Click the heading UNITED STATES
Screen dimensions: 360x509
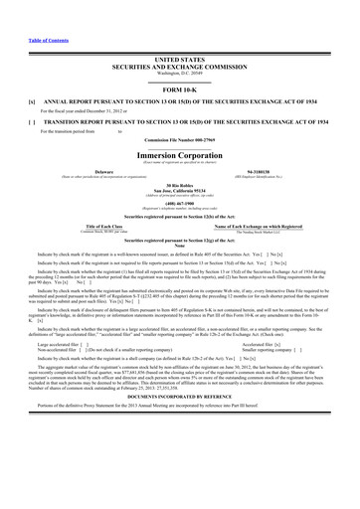[x=180, y=59]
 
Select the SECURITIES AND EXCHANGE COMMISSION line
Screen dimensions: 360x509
[x=180, y=66]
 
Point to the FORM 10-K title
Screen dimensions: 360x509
[x=180, y=87]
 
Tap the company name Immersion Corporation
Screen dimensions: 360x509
[x=180, y=158]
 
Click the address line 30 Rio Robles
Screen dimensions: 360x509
[x=180, y=185]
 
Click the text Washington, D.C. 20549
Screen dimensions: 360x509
[x=180, y=73]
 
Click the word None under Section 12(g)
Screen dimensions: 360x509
[x=180, y=248]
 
